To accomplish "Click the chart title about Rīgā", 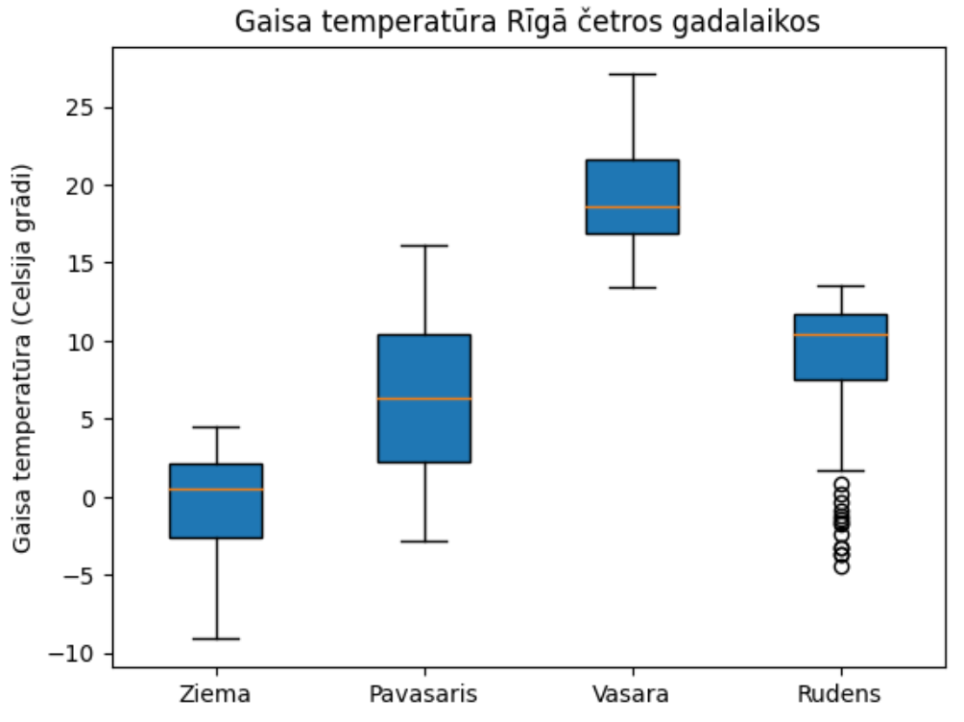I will coord(527,22).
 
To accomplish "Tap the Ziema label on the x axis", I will coord(215,693).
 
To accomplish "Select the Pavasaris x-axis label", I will coord(423,693).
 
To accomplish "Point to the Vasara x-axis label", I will coord(632,693).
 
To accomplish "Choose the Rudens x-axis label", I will coord(840,693).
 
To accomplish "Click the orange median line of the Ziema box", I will coord(216,490).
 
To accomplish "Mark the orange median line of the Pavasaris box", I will coord(423,398).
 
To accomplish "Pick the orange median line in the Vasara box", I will coord(632,207).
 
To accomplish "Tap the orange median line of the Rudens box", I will coord(840,335).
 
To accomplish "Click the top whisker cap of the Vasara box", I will coord(632,74).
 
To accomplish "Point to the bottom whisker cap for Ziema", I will coord(216,638).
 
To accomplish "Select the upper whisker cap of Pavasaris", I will coord(423,246).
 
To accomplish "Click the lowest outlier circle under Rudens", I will coord(841,566).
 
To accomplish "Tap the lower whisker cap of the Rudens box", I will coord(840,470).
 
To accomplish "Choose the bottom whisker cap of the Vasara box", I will coord(632,287).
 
